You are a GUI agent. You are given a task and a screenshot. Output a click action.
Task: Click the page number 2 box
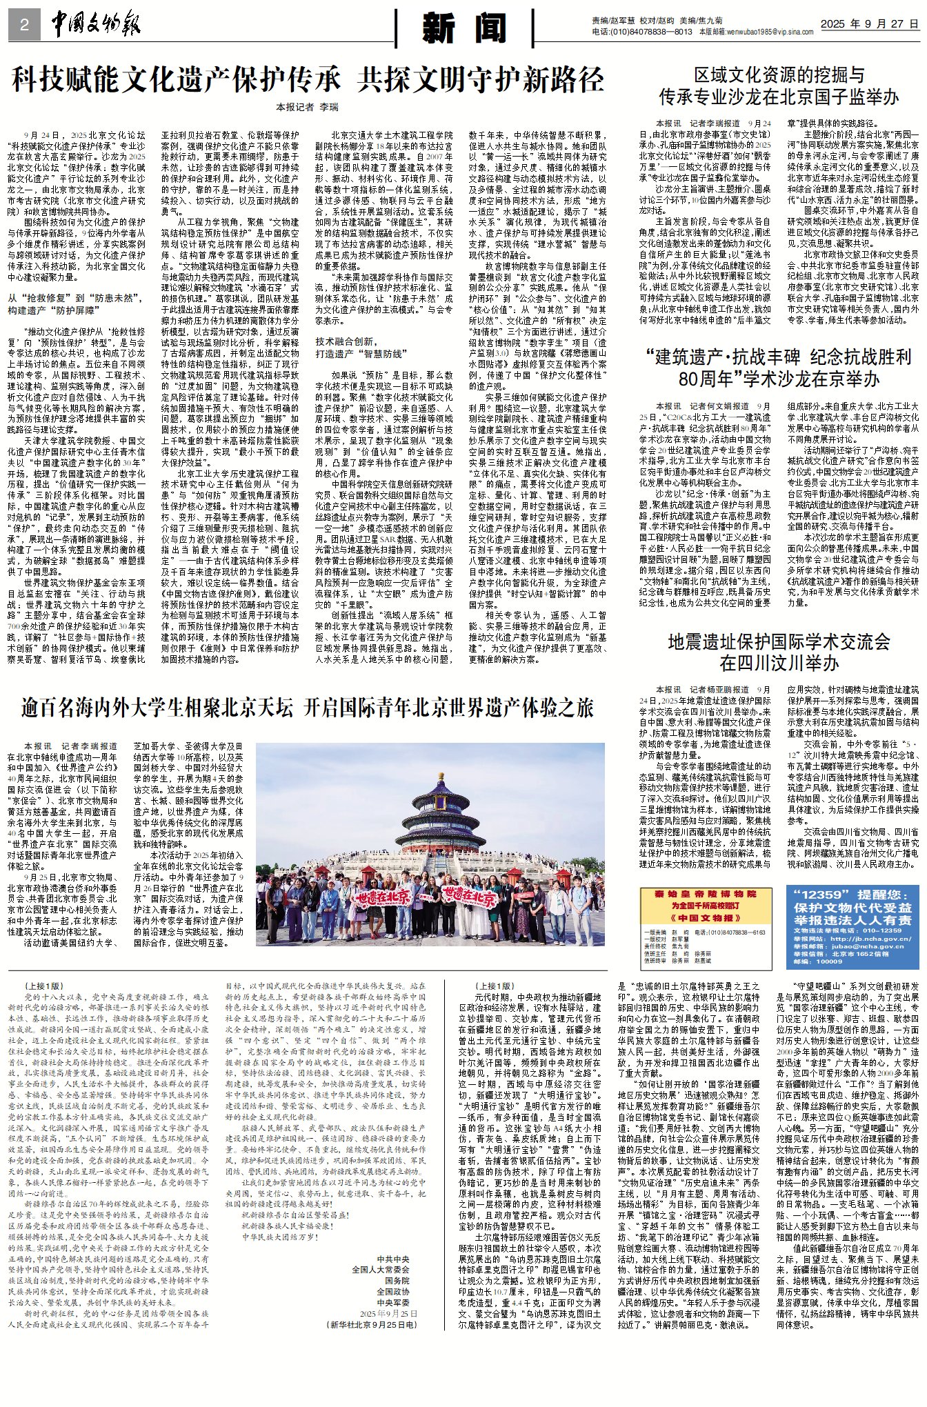(25, 26)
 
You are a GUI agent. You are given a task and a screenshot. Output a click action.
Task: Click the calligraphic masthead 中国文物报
(96, 26)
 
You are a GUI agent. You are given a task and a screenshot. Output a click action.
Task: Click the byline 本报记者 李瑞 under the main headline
(308, 107)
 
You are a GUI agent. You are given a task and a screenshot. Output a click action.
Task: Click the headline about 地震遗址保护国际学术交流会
(779, 652)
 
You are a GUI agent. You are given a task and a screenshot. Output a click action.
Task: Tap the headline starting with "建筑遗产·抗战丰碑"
(779, 368)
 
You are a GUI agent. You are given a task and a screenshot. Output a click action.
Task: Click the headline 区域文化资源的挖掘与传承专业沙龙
(779, 86)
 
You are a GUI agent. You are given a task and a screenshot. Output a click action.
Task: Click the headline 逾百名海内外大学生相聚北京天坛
(307, 708)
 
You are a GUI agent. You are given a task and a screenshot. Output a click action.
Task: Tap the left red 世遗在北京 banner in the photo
(383, 897)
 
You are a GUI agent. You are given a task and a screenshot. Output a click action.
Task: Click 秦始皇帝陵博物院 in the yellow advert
(706, 894)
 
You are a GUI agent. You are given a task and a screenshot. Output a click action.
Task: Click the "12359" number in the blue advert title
(820, 895)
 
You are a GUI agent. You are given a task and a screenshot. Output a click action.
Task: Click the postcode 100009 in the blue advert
(828, 961)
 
